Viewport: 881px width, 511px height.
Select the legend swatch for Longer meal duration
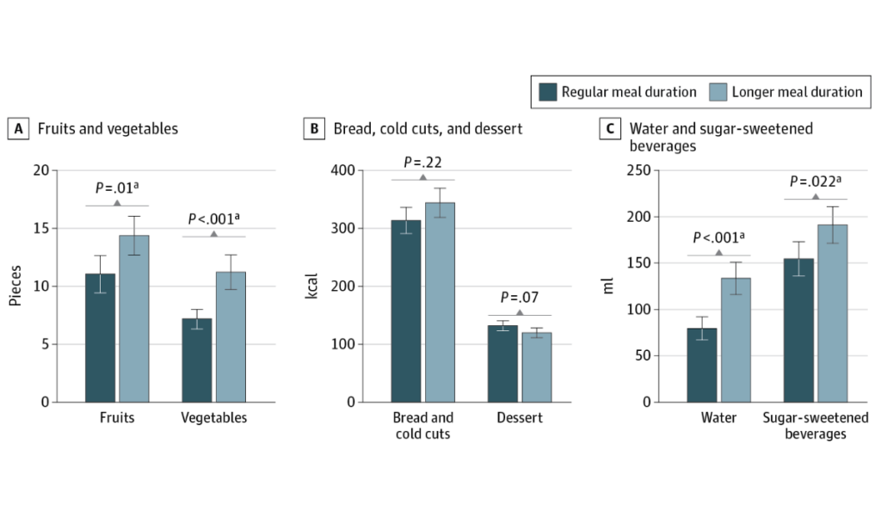718,92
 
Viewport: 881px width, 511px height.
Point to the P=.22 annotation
422,163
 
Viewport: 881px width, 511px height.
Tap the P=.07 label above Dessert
519,299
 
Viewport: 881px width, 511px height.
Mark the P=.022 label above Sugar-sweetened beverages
815,182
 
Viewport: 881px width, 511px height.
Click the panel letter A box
16,130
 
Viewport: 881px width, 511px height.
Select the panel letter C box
609,130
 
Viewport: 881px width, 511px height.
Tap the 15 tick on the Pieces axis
63,229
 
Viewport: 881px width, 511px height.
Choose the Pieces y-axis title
15,286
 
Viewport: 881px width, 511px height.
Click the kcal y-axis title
312,286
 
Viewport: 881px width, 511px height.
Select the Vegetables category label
214,418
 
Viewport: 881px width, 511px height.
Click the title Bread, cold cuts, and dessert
426,130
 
